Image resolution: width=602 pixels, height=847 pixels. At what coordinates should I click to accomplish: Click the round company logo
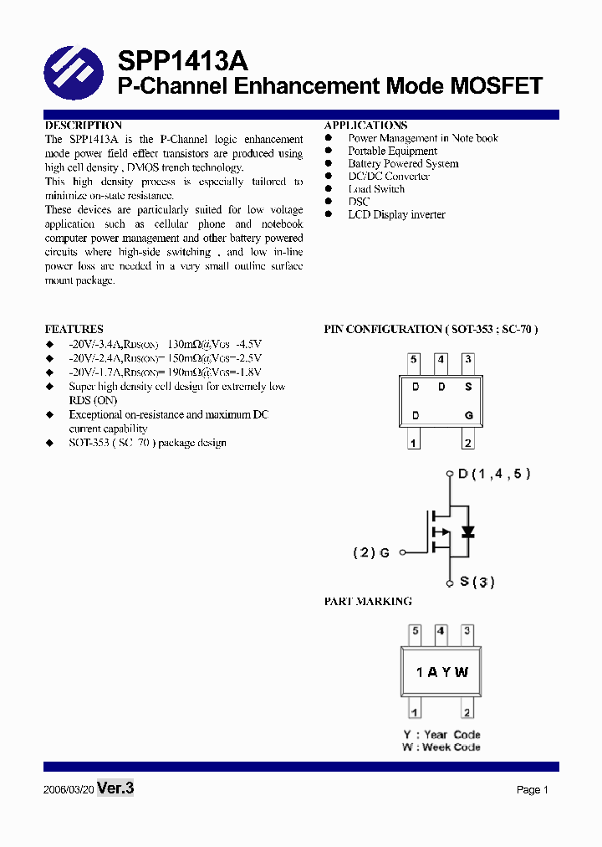pos(74,73)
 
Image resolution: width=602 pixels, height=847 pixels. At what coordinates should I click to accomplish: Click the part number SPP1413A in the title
pos(182,61)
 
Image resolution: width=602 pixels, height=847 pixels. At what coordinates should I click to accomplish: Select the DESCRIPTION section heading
pos(83,126)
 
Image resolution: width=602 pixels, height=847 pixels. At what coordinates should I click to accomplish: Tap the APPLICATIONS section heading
pos(366,126)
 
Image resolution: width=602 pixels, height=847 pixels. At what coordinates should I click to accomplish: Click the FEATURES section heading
pos(74,329)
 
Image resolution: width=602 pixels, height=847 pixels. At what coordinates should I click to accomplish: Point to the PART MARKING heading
pos(368,601)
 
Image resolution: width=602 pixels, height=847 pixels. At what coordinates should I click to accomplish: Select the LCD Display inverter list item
pos(396,215)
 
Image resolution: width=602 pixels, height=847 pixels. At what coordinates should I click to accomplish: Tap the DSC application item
pos(359,202)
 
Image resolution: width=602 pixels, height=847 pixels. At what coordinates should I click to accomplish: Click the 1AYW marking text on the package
pos(442,672)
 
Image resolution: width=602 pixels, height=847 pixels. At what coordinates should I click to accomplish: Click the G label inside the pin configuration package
pos(469,415)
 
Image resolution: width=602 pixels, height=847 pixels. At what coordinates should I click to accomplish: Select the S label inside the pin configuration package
pos(468,388)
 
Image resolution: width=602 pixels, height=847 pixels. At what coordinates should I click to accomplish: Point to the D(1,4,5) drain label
pos(494,474)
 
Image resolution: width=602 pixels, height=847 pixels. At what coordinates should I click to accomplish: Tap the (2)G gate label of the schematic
pos(371,552)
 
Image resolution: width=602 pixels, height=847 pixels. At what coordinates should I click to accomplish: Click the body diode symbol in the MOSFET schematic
pos(468,532)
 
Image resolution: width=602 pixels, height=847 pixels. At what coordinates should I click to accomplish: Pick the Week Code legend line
pos(441,747)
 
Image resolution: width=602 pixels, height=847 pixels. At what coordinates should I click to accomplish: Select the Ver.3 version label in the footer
pos(115,788)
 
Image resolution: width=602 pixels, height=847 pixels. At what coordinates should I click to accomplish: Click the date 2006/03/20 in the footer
pos(67,790)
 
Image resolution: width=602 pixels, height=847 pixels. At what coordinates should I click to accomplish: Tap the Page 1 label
pos(532,790)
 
